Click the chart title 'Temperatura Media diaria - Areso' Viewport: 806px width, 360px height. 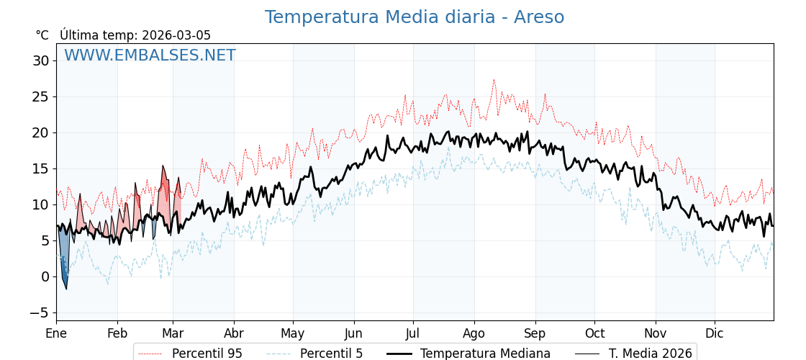click(414, 17)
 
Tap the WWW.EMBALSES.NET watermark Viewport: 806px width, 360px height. click(150, 55)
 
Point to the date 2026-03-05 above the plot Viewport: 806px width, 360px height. click(176, 35)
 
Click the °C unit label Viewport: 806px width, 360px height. click(42, 35)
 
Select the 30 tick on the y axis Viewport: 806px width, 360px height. click(40, 60)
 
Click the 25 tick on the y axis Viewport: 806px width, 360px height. click(40, 96)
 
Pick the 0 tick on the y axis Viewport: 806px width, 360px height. click(45, 276)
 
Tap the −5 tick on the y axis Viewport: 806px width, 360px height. click(39, 312)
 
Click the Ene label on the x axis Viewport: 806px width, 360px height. click(56, 333)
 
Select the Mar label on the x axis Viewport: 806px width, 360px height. click(173, 333)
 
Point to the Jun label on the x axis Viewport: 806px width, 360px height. click(353, 333)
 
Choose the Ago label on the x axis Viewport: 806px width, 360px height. click(474, 333)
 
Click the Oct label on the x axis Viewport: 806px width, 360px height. click(594, 333)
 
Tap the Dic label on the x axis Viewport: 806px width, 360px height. click(715, 333)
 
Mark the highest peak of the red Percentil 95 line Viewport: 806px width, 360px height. click(494, 80)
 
